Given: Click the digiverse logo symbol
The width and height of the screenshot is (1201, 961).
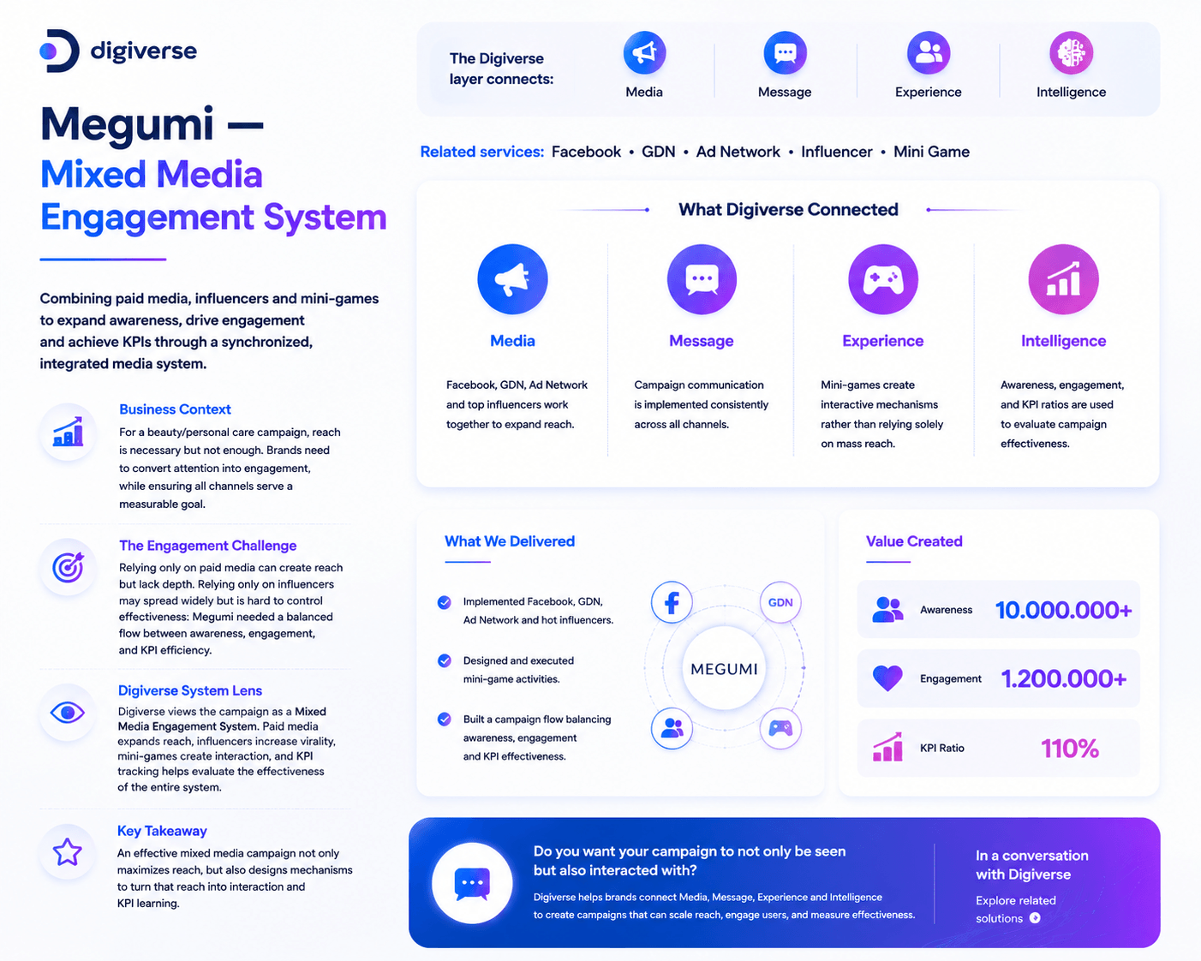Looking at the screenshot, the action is [x=60, y=51].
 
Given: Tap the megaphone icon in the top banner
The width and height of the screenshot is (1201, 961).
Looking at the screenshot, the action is [x=644, y=53].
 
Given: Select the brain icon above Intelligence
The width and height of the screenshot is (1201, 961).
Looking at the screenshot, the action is [x=1071, y=53].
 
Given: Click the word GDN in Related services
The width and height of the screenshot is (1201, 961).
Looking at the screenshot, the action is [x=659, y=152].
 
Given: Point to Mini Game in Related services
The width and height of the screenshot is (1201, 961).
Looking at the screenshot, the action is [x=931, y=152].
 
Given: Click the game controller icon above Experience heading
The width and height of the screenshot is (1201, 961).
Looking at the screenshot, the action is [x=883, y=279].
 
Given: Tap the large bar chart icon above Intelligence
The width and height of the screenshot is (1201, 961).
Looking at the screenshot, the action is [x=1063, y=279].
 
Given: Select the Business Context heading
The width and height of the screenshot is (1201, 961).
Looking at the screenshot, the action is [x=175, y=409].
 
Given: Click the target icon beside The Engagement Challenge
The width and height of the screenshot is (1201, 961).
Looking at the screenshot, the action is [x=68, y=567].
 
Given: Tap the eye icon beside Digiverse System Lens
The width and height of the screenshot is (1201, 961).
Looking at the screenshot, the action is [x=68, y=712].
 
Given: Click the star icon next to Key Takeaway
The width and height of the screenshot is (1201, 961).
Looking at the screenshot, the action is [x=68, y=851].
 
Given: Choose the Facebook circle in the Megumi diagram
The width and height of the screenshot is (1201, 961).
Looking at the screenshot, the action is [x=672, y=602].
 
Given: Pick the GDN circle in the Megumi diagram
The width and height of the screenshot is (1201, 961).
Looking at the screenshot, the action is [x=780, y=602].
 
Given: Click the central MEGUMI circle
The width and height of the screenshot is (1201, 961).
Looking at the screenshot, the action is [x=724, y=668].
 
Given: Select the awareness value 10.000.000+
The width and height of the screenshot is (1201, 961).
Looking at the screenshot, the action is [x=1064, y=610].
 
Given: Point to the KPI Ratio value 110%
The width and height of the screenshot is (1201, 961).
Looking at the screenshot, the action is [x=1070, y=749].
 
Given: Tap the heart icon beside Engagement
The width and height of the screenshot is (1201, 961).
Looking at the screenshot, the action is [x=887, y=678].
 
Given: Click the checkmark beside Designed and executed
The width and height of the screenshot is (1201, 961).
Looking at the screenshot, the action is [x=445, y=660].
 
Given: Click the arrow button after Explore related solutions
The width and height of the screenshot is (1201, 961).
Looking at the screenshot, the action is [x=1035, y=918].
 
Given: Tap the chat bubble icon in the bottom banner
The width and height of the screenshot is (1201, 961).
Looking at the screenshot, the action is [x=472, y=883].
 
